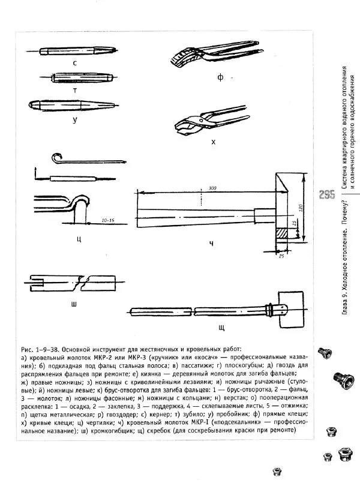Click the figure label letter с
pos(74,62)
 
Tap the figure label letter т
pos(74,88)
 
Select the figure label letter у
pos(74,119)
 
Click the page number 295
pos(327,195)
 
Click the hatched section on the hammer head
pos(281,230)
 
